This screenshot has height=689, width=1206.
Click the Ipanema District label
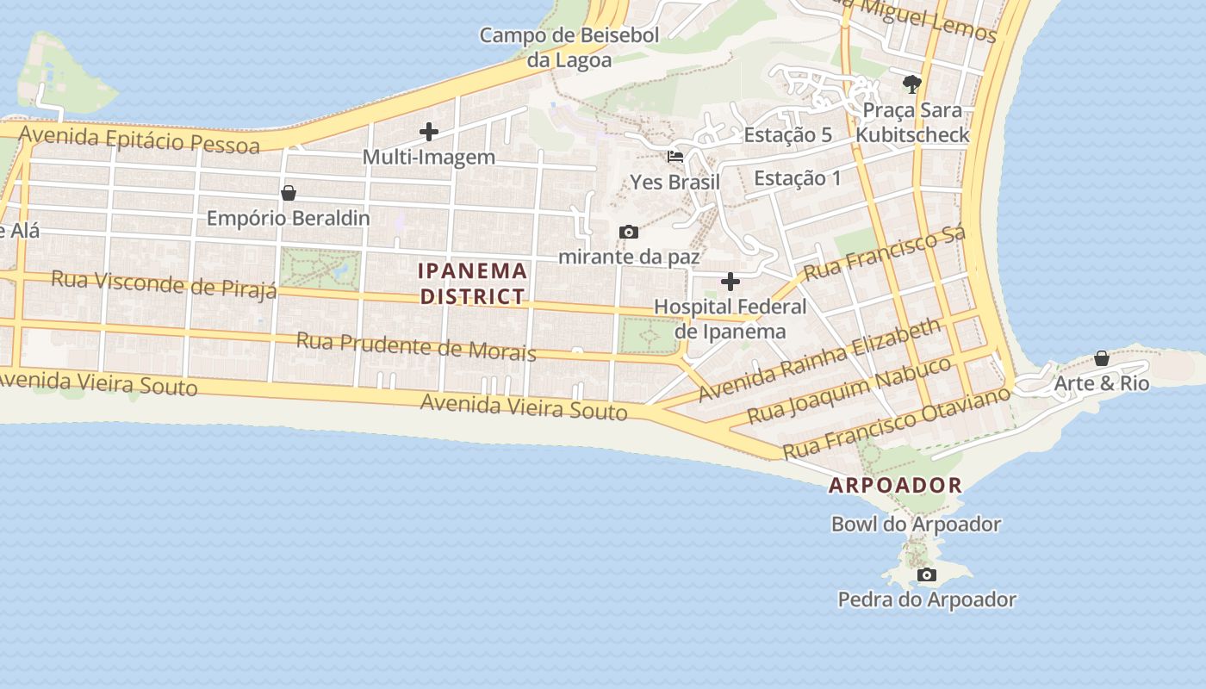pyautogui.click(x=472, y=283)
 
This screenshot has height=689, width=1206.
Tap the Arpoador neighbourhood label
pyautogui.click(x=895, y=485)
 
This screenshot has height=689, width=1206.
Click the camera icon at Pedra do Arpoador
pyautogui.click(x=927, y=574)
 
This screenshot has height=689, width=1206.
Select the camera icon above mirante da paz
pyautogui.click(x=629, y=232)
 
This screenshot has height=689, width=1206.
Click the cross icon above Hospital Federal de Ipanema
pyautogui.click(x=730, y=282)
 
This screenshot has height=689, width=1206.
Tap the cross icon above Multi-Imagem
pyautogui.click(x=428, y=132)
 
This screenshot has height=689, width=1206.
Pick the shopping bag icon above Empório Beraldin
pyautogui.click(x=289, y=193)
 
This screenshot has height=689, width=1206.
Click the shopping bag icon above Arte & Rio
pyautogui.click(x=1101, y=358)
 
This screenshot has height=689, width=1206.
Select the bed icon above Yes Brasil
pyautogui.click(x=675, y=157)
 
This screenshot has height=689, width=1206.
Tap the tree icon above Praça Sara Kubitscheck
pyautogui.click(x=911, y=84)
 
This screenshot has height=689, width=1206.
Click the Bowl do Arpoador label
pyautogui.click(x=916, y=524)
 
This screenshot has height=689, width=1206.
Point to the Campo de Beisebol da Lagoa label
pyautogui.click(x=569, y=47)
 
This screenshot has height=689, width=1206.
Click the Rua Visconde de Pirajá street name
pyautogui.click(x=164, y=282)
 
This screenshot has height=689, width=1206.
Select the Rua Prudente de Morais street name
pyautogui.click(x=416, y=346)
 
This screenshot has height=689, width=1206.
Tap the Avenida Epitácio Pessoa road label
pyautogui.click(x=139, y=139)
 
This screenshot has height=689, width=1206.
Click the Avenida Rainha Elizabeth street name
pyautogui.click(x=820, y=360)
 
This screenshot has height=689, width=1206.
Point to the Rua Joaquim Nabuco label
pyautogui.click(x=849, y=390)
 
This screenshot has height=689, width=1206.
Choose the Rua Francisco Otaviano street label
pyautogui.click(x=896, y=423)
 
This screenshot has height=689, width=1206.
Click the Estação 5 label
pyautogui.click(x=787, y=135)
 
